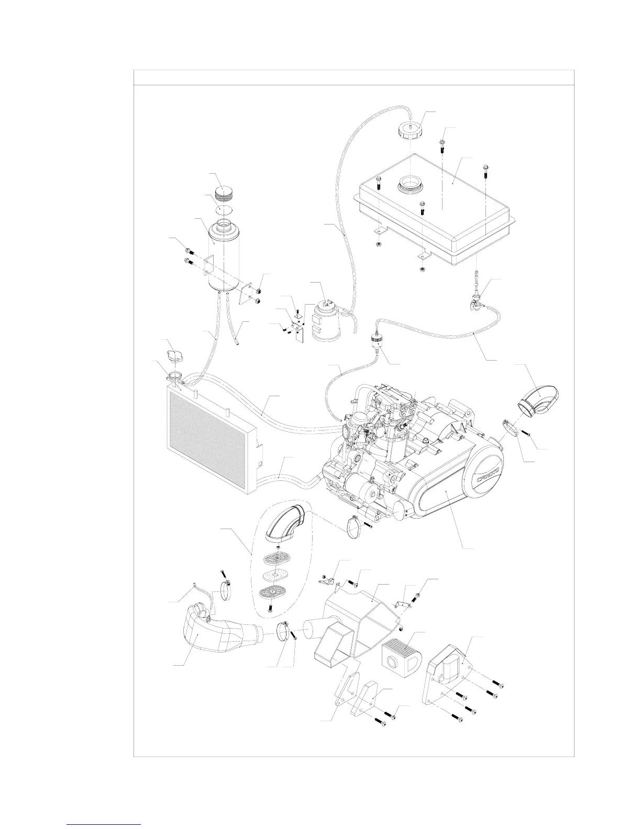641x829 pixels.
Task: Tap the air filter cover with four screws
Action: pyautogui.click(x=451, y=665)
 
